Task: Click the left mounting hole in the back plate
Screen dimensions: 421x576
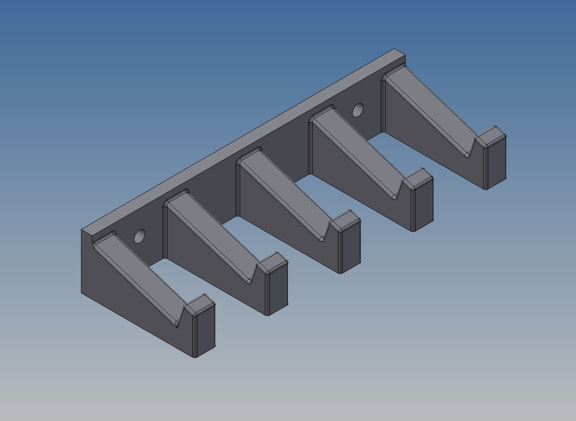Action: (x=140, y=236)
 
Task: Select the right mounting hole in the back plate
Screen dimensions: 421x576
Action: (x=358, y=110)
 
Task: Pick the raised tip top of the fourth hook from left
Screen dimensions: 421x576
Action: (x=418, y=179)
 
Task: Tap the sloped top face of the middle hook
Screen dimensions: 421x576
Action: (x=285, y=189)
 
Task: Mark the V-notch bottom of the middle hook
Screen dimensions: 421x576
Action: (x=322, y=239)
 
